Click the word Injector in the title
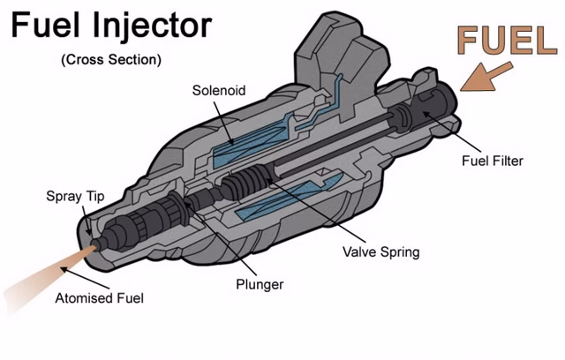click(x=155, y=26)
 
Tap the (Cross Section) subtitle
click(x=111, y=60)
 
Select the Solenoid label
click(x=217, y=91)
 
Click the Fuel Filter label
click(x=493, y=161)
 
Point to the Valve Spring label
click(x=380, y=252)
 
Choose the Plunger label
click(x=260, y=285)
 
